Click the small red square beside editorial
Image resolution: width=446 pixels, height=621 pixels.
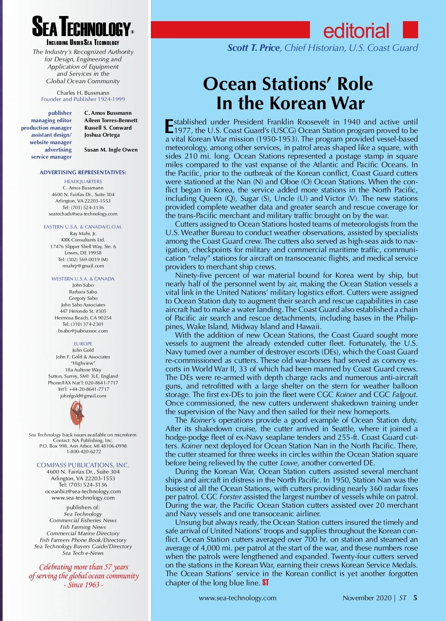click(x=410, y=30)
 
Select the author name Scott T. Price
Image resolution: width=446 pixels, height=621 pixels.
click(x=253, y=48)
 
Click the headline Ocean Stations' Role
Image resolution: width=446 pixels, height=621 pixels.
click(x=288, y=84)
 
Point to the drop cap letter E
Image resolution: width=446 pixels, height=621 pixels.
click(x=169, y=126)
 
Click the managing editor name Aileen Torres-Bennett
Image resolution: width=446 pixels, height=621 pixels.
click(x=111, y=120)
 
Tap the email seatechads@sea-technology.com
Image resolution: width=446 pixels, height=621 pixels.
click(x=83, y=214)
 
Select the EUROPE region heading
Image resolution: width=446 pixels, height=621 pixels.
click(x=83, y=344)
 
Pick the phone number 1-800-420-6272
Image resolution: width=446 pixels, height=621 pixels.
click(x=84, y=452)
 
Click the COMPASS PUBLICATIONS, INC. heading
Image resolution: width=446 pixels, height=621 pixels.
click(x=83, y=465)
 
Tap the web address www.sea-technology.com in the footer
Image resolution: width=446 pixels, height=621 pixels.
click(x=237, y=598)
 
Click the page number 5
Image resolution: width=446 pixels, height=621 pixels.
click(x=415, y=598)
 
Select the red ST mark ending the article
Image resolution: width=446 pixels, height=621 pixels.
click(x=265, y=582)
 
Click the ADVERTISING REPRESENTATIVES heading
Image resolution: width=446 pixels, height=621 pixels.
click(x=83, y=172)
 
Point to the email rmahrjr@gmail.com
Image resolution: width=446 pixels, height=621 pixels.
click(x=83, y=266)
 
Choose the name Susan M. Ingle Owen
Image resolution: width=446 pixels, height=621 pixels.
click(x=111, y=150)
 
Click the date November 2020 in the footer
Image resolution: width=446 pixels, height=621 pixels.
click(x=367, y=598)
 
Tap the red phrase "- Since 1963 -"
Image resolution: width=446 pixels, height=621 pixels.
click(x=83, y=585)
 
